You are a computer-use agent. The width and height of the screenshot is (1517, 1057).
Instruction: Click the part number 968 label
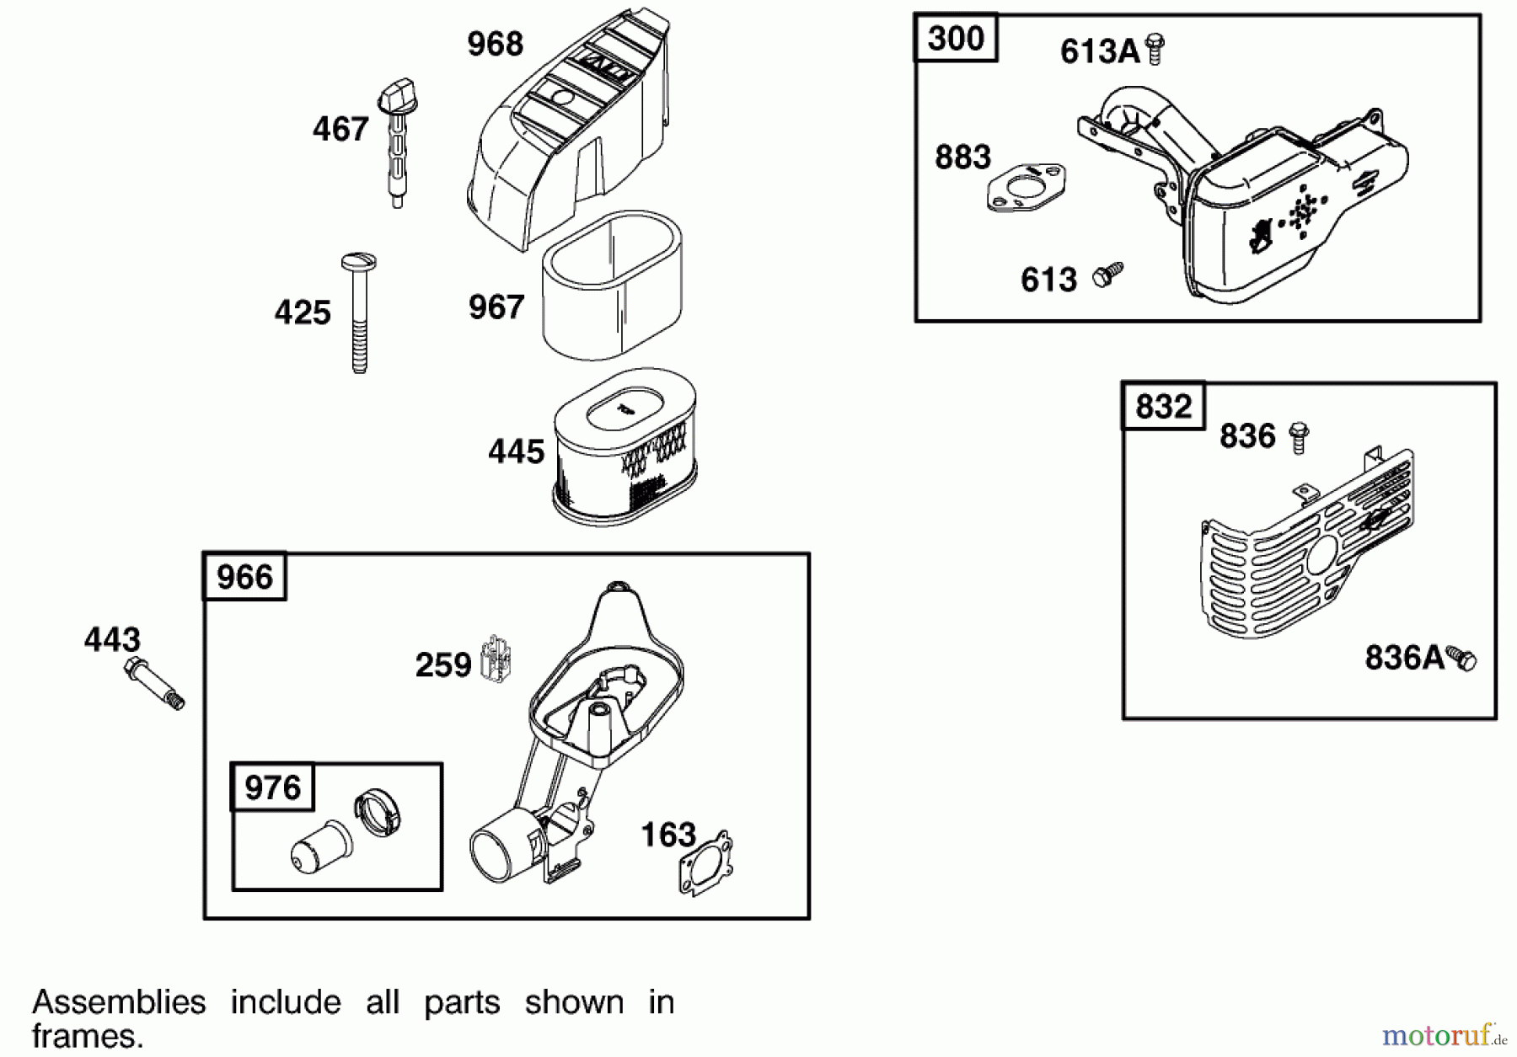(x=495, y=44)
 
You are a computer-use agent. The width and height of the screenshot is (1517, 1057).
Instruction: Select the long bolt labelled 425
(x=359, y=312)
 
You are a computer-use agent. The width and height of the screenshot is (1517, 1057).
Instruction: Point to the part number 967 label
(x=496, y=307)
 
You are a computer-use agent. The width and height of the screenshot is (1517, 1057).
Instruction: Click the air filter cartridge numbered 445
(x=624, y=446)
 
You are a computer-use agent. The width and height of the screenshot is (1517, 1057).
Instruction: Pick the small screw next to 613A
(x=1156, y=49)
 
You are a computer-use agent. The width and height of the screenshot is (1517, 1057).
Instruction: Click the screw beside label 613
(x=1107, y=273)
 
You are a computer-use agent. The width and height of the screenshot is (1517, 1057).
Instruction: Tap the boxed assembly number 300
(x=956, y=39)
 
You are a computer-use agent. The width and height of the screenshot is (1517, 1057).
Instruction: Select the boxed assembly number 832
(x=1163, y=407)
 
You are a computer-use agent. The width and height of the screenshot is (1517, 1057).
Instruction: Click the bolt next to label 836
(x=1299, y=437)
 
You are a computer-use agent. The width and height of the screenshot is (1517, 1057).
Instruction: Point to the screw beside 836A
(x=1461, y=658)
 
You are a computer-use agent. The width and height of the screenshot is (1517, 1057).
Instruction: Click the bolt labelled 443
(x=154, y=684)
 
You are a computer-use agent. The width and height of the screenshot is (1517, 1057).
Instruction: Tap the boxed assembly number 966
(x=244, y=578)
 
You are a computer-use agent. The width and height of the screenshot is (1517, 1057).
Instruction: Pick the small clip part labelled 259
(x=496, y=659)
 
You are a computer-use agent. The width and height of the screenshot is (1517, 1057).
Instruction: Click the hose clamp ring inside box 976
(x=378, y=812)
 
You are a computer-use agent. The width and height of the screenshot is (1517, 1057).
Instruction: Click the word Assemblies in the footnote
(x=119, y=1002)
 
